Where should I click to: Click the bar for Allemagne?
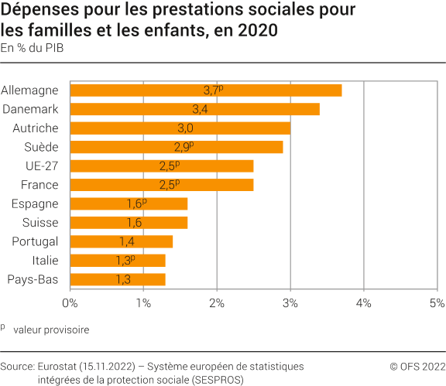(205, 91)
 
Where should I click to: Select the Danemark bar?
(194, 109)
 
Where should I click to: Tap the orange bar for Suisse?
(129, 223)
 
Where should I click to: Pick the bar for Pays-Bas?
(118, 279)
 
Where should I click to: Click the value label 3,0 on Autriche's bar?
(185, 128)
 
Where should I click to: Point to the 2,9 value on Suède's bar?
(182, 147)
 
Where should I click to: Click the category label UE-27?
(43, 166)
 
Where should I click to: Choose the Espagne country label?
(35, 203)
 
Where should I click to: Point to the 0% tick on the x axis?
(70, 302)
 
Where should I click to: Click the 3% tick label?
(290, 302)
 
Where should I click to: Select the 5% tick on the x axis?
(437, 302)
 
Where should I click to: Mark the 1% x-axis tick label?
(144, 302)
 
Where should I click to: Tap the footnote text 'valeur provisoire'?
(57, 330)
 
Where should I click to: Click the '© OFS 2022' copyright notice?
(417, 366)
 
